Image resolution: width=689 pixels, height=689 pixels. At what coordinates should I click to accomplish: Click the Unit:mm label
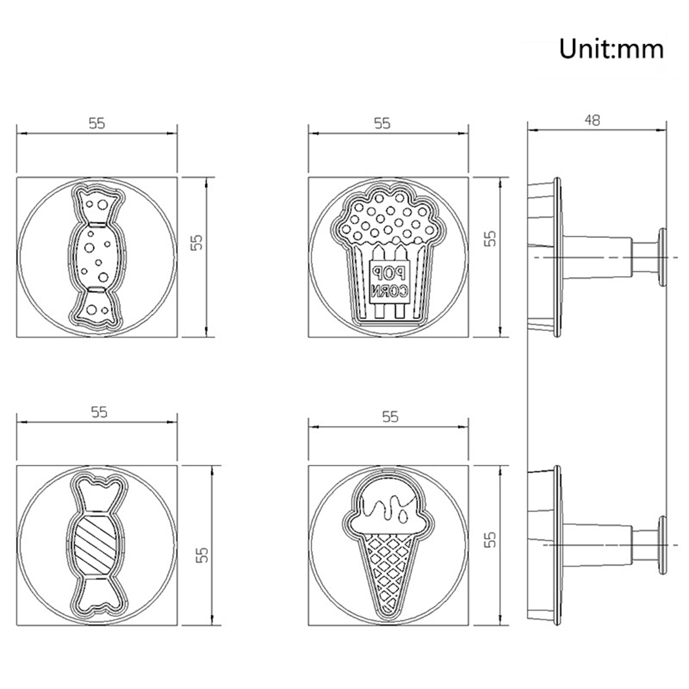[x=611, y=49]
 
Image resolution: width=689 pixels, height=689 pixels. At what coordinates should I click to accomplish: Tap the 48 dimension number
[x=592, y=120]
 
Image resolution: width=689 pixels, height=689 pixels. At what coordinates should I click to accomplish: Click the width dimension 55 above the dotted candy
[x=97, y=123]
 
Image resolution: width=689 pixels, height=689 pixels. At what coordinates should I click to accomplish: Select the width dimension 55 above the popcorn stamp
[x=382, y=123]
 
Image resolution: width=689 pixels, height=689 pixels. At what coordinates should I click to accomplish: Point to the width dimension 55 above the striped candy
[x=99, y=412]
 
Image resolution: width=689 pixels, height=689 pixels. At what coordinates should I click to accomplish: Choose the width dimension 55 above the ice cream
[x=390, y=416]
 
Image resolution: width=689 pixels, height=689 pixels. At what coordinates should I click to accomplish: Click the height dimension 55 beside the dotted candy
[x=197, y=241]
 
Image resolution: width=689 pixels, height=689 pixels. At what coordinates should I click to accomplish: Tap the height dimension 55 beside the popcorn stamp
[x=490, y=239]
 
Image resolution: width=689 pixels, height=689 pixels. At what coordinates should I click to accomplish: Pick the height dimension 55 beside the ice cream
[x=490, y=538]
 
